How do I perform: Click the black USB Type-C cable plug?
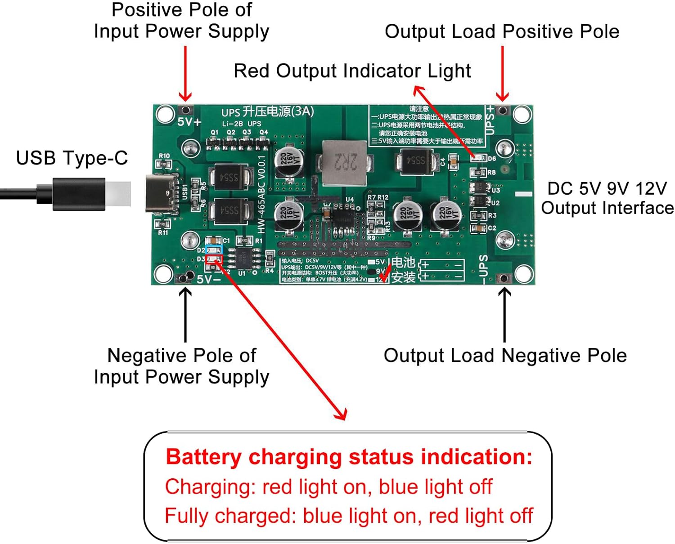pos(79,194)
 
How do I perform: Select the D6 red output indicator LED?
pos(478,158)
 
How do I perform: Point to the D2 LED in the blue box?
pos(214,250)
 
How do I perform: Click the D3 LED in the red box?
pos(214,259)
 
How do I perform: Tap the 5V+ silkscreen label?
pos(189,122)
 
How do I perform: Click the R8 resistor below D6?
pos(478,172)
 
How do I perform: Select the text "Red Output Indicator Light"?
pos(352,71)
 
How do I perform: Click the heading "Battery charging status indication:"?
pos(349,457)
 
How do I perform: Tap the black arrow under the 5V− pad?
pos(185,315)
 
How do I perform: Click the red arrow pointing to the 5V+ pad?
pos(185,74)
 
